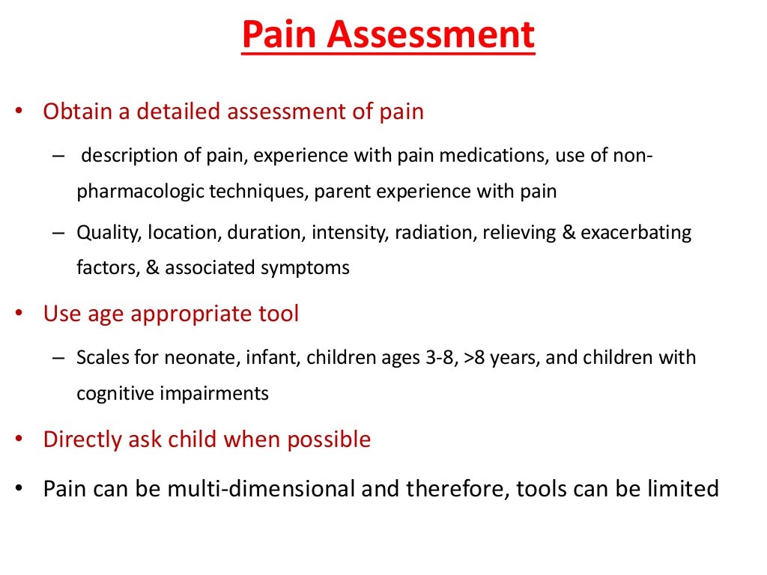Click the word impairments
click(219, 393)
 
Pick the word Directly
click(82, 439)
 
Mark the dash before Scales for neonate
click(60, 358)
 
